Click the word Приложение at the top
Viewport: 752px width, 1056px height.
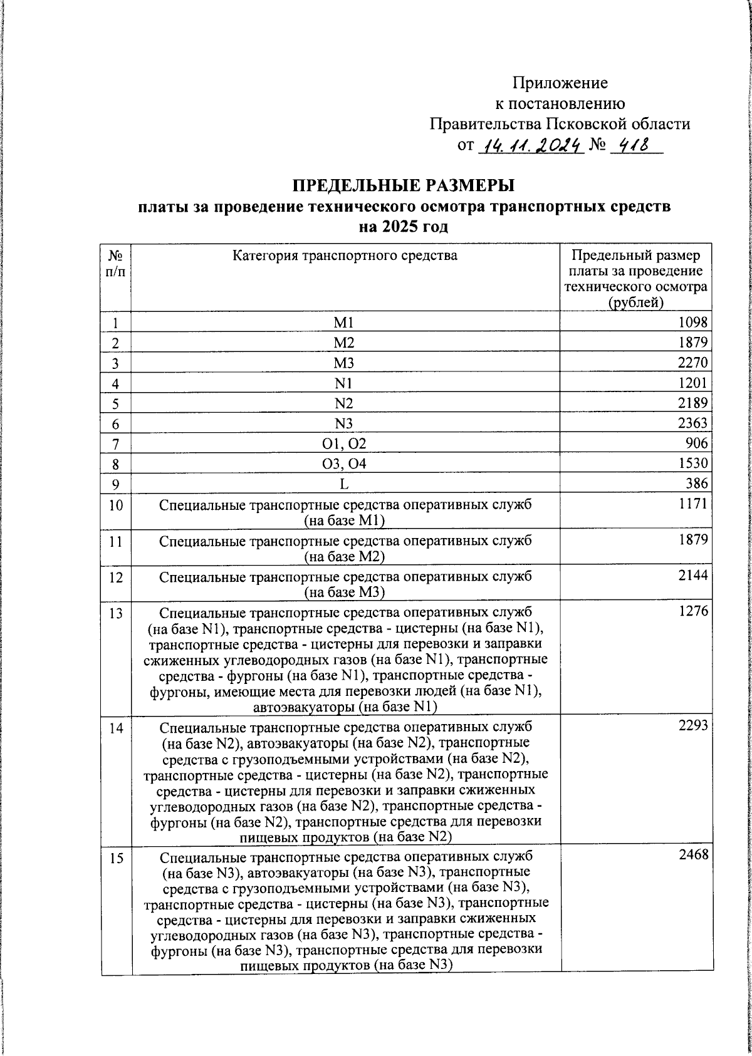[x=560, y=83]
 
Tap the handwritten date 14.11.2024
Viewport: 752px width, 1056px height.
[x=531, y=146]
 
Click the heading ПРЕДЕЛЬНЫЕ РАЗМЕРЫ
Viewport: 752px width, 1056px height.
[x=404, y=186]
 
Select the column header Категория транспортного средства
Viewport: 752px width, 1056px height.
[x=345, y=256]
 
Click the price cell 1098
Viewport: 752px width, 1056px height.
[x=692, y=323]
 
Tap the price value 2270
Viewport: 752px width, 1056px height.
[x=692, y=363]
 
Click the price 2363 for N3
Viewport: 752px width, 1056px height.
[x=692, y=423]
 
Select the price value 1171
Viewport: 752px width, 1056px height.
[x=692, y=504]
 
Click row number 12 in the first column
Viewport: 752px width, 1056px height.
[x=115, y=577]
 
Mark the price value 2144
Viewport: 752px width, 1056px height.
[x=692, y=576]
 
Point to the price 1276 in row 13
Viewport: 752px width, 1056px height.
[x=692, y=611]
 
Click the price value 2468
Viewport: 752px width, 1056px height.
[x=693, y=854]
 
